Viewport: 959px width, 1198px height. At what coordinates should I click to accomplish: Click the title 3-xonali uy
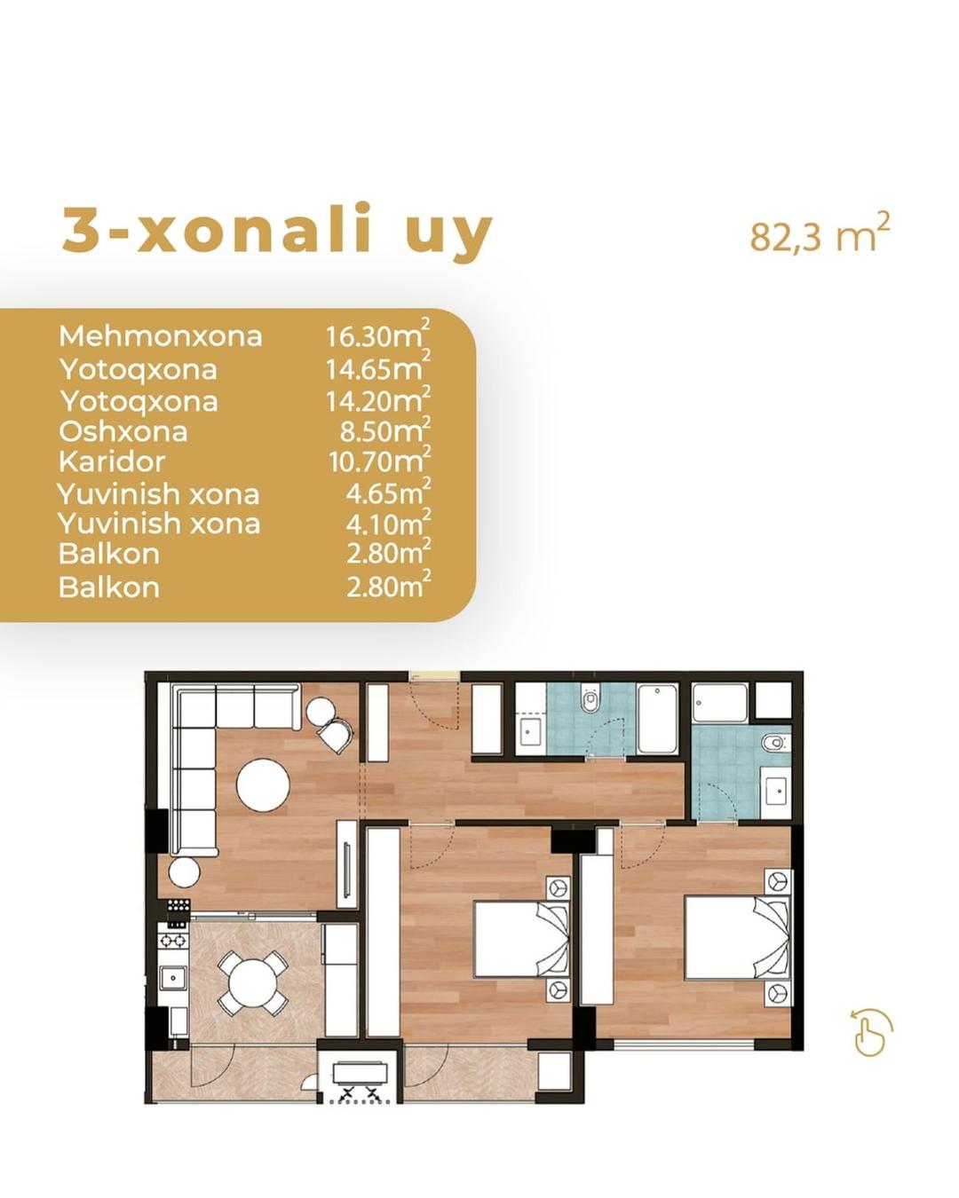277,231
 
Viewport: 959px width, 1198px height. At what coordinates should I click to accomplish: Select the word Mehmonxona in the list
161,336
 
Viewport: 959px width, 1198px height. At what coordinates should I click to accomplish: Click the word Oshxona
123,432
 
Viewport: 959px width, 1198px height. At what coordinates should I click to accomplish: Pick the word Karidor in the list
112,461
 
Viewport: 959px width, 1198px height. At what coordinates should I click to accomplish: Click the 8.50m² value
385,430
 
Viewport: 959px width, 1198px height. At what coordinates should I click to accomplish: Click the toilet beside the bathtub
590,700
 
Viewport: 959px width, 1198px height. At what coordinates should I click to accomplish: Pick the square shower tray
720,704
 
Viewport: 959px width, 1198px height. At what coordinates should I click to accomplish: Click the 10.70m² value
379,461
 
